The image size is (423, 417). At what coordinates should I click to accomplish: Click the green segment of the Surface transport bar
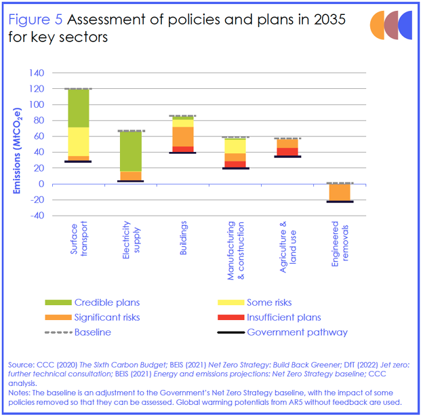[79, 108]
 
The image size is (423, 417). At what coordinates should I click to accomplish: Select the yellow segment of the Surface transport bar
[79, 142]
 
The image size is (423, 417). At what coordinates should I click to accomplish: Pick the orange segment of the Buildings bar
[182, 136]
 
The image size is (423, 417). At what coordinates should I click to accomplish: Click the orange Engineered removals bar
[339, 193]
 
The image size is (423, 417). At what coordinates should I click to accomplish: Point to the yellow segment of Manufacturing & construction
[235, 146]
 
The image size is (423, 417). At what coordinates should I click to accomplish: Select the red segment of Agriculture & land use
[287, 152]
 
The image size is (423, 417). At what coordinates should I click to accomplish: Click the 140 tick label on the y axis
[37, 73]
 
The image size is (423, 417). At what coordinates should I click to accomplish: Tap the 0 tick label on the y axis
[42, 184]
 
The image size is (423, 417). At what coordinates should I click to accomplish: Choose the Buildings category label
[183, 237]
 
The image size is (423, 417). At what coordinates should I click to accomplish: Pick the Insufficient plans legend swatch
[230, 317]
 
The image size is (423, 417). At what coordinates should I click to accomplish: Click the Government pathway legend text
[297, 332]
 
